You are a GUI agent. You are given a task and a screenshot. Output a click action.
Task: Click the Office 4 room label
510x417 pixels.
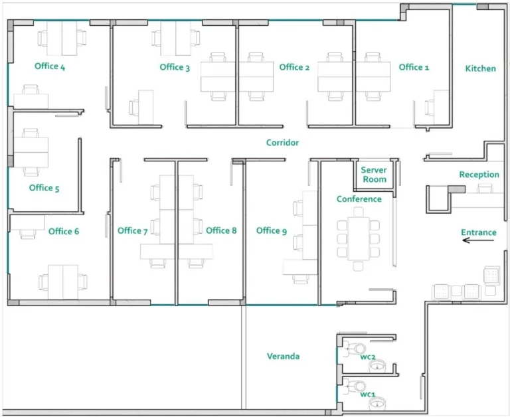coord(50,66)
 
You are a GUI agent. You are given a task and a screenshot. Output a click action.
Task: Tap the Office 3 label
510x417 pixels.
coord(175,67)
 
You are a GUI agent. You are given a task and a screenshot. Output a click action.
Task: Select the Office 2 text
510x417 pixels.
coord(294,67)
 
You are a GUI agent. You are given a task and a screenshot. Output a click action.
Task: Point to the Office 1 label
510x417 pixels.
coord(414,67)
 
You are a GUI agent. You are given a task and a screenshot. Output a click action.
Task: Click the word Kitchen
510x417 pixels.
coord(480,68)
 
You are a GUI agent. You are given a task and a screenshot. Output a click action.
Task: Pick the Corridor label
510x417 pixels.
coord(282,143)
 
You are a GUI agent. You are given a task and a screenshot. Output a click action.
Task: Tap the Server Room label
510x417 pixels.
coord(374,175)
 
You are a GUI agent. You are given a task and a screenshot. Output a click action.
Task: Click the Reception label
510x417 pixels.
coord(479,175)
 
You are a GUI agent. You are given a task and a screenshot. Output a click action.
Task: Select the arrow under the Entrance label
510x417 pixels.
coord(479,241)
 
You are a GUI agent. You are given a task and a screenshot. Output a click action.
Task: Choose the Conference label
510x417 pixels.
coord(359,199)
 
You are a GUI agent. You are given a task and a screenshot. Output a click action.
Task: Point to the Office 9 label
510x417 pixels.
coord(271,230)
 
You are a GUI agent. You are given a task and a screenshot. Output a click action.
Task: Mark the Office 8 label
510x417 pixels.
coord(221,230)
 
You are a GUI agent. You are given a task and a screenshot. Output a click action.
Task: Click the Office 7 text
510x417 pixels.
coord(133,230)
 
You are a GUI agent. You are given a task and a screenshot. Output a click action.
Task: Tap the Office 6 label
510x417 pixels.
coord(64,231)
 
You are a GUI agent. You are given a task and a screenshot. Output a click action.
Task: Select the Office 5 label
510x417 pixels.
coord(44,188)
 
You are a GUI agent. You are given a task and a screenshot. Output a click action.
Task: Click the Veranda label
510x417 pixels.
coord(283,357)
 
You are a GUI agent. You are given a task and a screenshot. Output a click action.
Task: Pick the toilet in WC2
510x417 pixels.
coord(359,349)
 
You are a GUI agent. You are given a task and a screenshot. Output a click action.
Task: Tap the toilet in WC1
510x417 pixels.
coord(359,386)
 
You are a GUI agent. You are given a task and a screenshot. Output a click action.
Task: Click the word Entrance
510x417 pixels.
coord(479,232)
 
